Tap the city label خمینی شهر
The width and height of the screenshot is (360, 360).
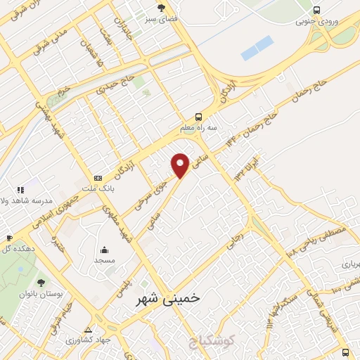(x=167, y=298)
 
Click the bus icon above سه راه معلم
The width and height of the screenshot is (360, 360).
(x=200, y=117)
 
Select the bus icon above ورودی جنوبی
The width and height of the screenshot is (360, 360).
(x=317, y=10)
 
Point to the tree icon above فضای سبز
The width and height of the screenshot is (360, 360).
(x=162, y=8)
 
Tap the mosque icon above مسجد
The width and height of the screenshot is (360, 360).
(x=105, y=249)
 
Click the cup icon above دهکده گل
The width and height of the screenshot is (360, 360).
(x=8, y=237)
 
